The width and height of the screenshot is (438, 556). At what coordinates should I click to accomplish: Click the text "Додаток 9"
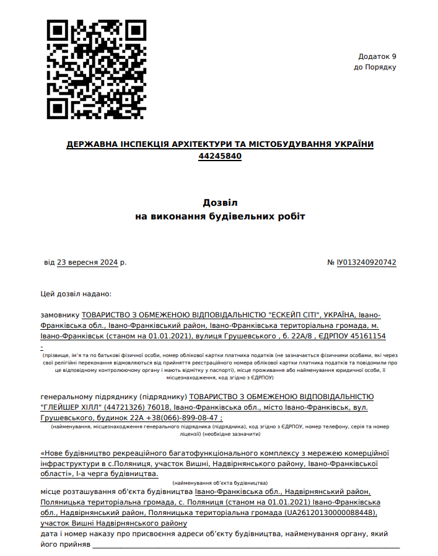click(377, 56)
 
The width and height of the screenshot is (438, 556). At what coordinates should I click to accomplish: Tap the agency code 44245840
click(220, 156)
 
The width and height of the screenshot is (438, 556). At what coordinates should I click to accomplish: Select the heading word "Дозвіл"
click(220, 203)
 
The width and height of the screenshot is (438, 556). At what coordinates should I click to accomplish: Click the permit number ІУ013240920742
click(367, 262)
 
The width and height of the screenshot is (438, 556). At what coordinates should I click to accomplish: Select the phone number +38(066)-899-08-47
click(184, 418)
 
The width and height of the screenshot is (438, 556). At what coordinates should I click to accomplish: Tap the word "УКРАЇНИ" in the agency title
click(353, 144)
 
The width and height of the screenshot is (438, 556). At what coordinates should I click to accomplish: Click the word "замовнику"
click(60, 315)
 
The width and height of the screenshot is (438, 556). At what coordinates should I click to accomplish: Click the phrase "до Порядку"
click(375, 67)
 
